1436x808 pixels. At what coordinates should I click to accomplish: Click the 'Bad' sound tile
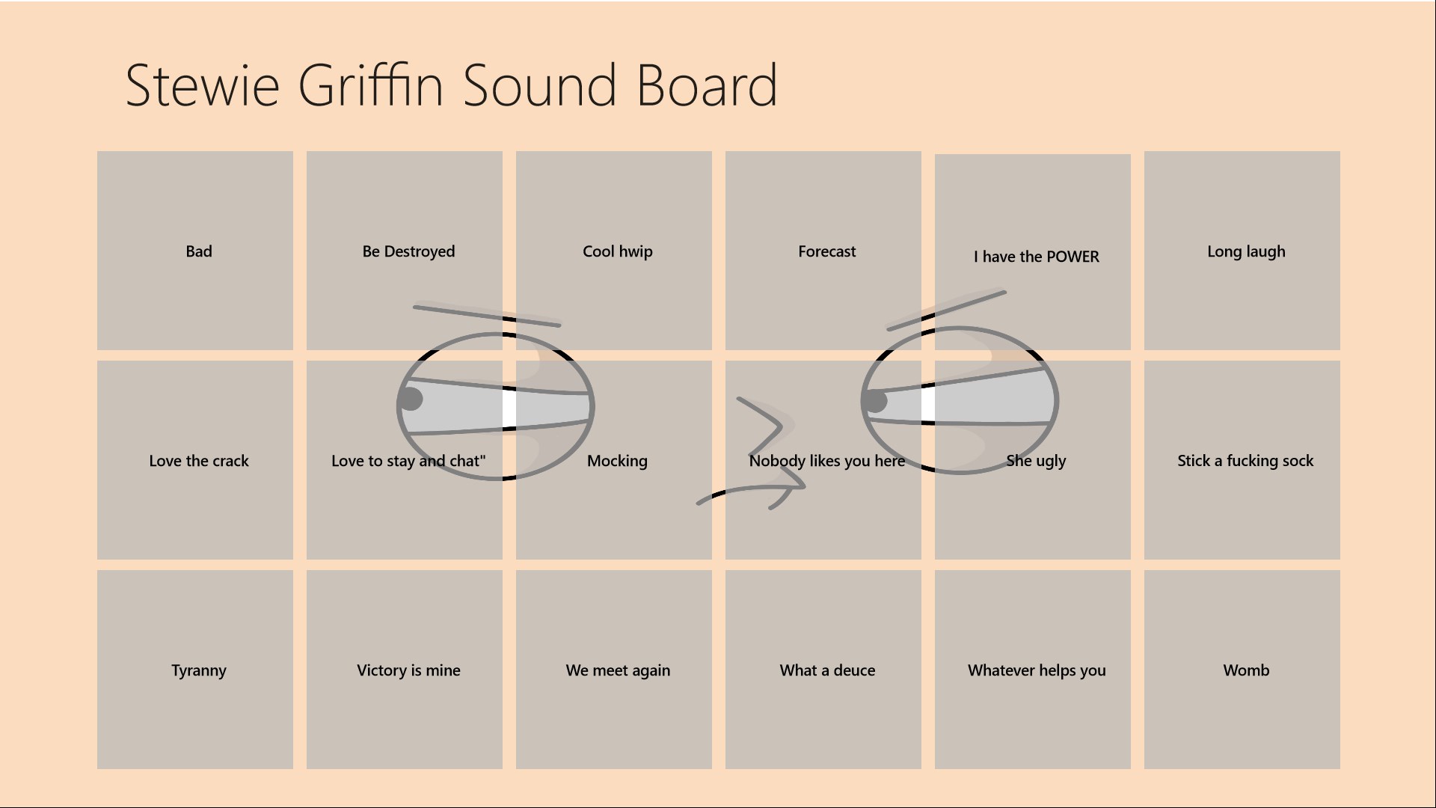(195, 251)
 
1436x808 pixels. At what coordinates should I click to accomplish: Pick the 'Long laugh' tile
(1242, 251)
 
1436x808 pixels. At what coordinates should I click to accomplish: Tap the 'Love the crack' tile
(195, 460)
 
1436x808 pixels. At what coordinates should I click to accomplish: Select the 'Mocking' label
(617, 461)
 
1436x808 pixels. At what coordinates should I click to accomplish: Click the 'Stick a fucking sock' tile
(1242, 460)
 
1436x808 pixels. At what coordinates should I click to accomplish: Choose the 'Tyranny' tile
(195, 670)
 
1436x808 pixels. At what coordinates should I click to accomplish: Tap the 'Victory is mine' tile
(405, 670)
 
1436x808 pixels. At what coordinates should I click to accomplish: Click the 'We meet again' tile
(614, 670)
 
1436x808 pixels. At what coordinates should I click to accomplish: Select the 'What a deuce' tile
(823, 670)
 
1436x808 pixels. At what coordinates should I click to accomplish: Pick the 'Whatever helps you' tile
(1033, 670)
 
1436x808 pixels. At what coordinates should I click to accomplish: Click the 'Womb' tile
(1242, 670)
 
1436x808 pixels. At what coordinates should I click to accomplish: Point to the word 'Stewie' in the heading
(203, 85)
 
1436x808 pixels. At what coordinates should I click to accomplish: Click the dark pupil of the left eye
(410, 399)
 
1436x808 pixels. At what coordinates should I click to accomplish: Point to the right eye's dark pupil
(874, 401)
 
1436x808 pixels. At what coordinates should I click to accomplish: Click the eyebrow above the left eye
(487, 314)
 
